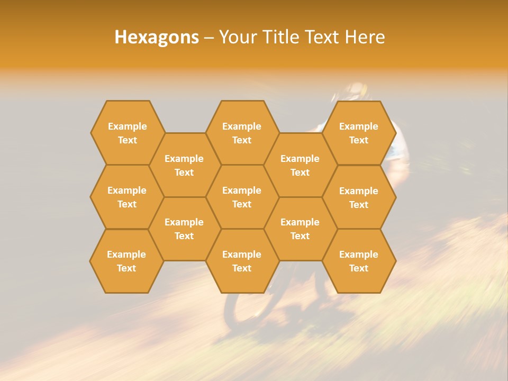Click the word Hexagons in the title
157,37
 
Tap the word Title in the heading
280,37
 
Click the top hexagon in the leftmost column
128,133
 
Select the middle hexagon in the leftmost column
127,197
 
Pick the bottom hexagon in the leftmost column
126,261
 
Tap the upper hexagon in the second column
184,165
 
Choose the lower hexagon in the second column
184,229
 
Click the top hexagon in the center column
242,133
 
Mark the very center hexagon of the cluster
242,197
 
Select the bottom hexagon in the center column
242,261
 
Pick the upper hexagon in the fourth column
300,165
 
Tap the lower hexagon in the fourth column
300,229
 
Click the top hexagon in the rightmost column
359,133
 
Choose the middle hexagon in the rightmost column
359,197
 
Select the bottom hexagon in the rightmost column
359,261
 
